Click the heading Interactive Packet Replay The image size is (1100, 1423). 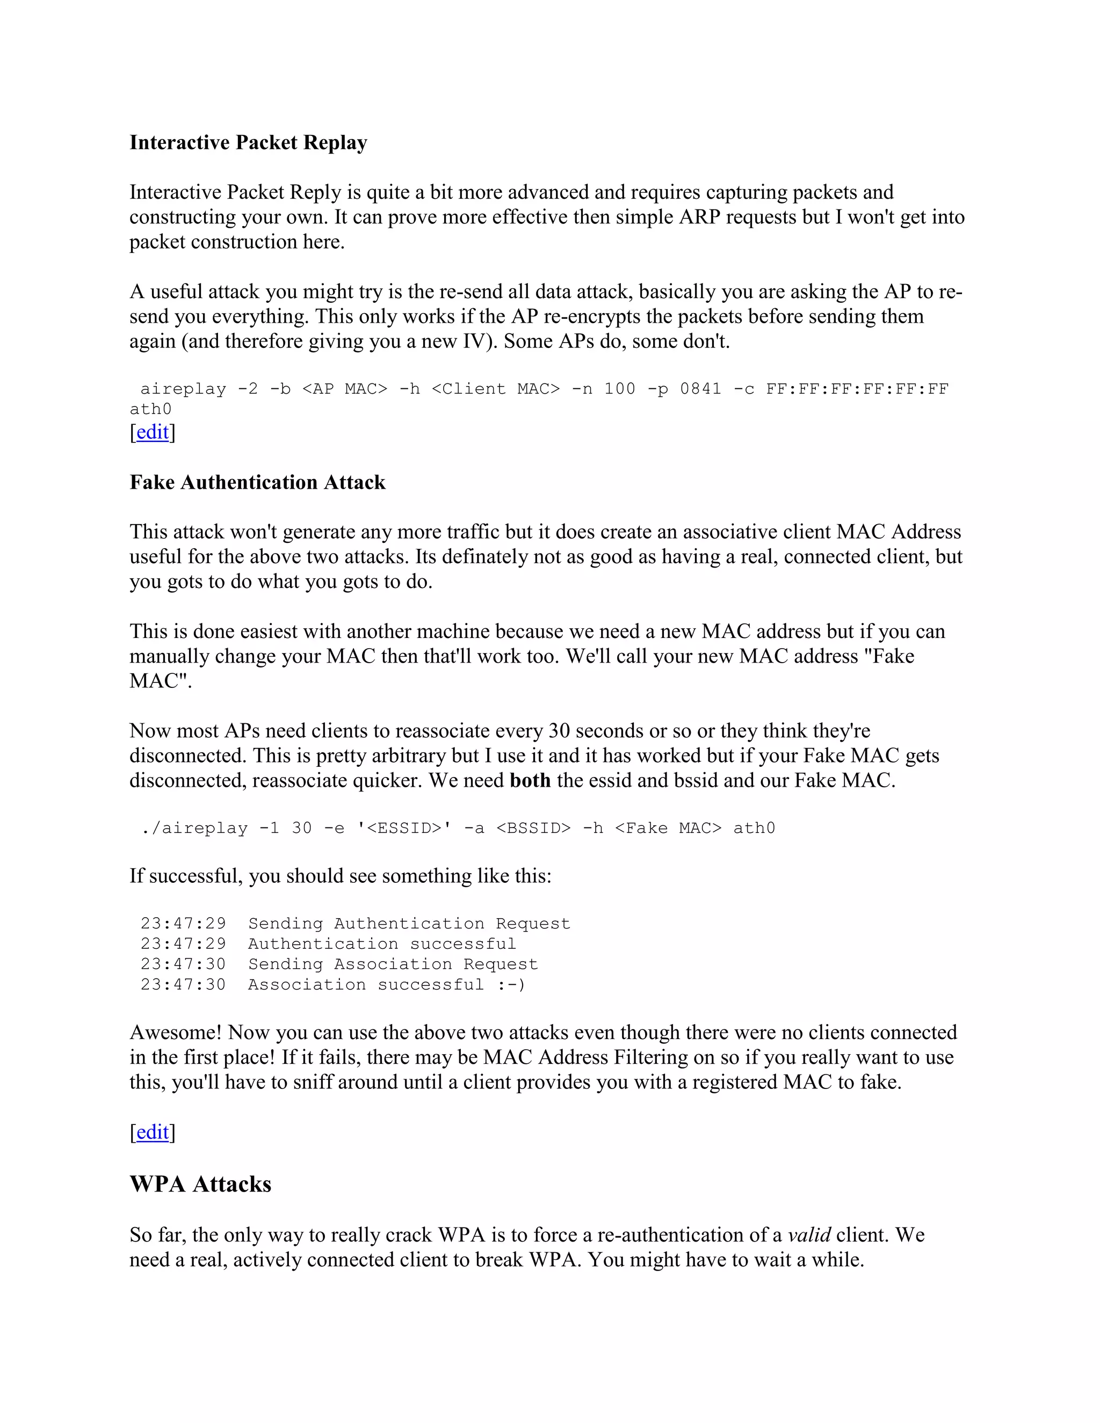(248, 143)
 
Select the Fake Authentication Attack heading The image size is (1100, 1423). (257, 482)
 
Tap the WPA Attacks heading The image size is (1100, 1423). (201, 1184)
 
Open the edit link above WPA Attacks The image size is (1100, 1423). (153, 1132)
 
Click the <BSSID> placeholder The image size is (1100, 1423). (533, 828)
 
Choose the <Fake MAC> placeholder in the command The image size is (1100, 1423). (668, 828)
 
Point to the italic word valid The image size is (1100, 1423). (809, 1235)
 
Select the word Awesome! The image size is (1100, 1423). (176, 1033)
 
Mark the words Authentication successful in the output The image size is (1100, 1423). (382, 944)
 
